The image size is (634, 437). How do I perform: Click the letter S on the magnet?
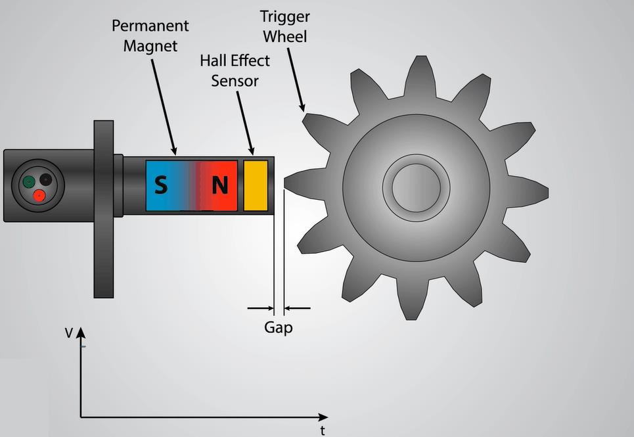pyautogui.click(x=160, y=185)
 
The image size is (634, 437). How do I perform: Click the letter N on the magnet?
pyautogui.click(x=220, y=185)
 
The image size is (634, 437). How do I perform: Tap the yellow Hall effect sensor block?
pyautogui.click(x=256, y=185)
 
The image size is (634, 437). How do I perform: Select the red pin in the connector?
pyautogui.click(x=39, y=195)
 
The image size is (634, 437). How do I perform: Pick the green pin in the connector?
pyautogui.click(x=28, y=182)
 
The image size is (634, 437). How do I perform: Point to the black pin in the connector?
pyautogui.click(x=46, y=179)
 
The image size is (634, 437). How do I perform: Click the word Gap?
pyautogui.click(x=278, y=327)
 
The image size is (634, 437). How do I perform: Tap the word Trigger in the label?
pyautogui.click(x=285, y=17)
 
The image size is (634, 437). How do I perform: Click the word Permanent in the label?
pyautogui.click(x=150, y=26)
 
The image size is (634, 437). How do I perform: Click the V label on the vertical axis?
pyautogui.click(x=69, y=333)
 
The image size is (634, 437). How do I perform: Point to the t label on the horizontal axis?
pyautogui.click(x=323, y=430)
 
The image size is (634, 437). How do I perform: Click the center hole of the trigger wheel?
pyautogui.click(x=416, y=188)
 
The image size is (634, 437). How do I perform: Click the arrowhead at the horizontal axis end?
pyautogui.click(x=323, y=417)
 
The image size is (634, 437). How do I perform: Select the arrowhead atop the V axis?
pyautogui.click(x=81, y=333)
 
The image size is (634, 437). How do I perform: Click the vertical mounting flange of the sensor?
pyautogui.click(x=104, y=209)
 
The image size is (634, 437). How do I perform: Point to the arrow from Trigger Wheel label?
pyautogui.click(x=296, y=80)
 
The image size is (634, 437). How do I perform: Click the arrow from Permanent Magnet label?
pyautogui.click(x=164, y=107)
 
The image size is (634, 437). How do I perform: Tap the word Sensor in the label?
pyautogui.click(x=235, y=81)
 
